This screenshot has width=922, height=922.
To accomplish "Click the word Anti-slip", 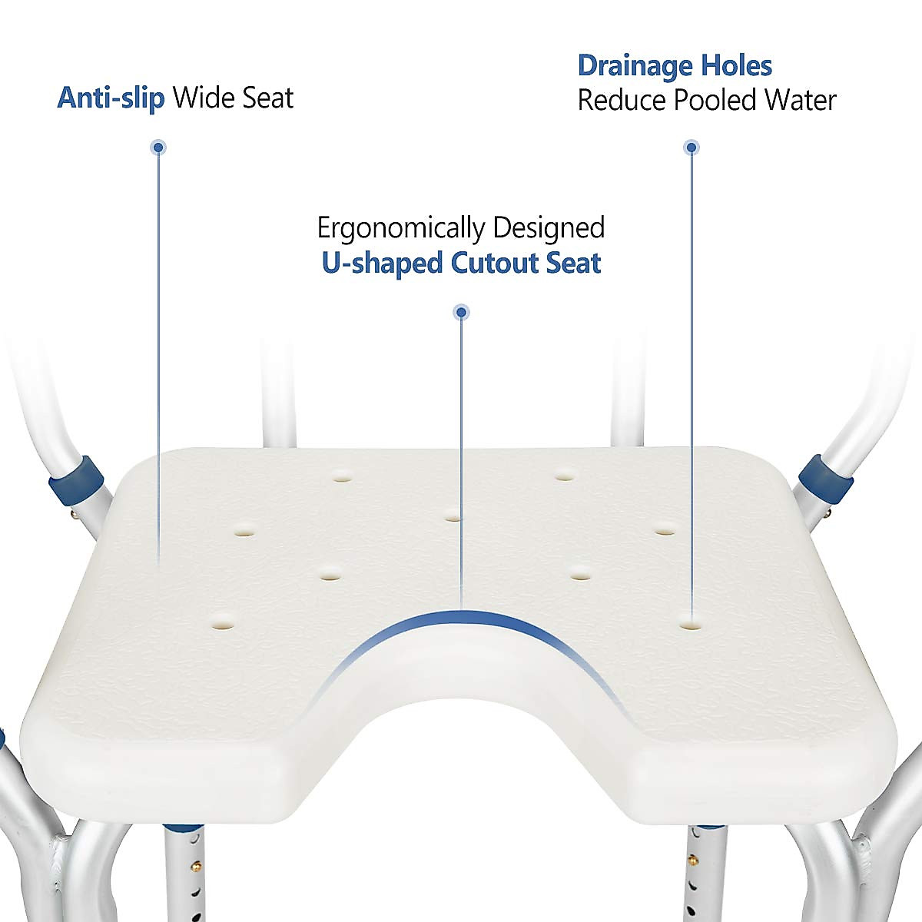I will tap(111, 98).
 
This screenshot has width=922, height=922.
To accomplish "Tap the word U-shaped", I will tap(382, 264).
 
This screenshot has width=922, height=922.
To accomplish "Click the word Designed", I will tap(549, 229).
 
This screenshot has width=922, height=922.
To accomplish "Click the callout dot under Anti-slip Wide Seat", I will tap(158, 147).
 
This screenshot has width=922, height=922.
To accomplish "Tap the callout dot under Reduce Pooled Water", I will tap(691, 147).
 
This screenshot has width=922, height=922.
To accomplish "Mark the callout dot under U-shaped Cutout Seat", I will tap(461, 312).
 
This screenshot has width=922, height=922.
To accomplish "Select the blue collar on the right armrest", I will tap(826, 478).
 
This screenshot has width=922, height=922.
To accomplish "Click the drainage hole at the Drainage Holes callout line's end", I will tap(691, 625).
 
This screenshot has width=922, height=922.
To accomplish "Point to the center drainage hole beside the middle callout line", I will tap(453, 517).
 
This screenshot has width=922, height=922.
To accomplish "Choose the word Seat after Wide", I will tap(267, 98).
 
